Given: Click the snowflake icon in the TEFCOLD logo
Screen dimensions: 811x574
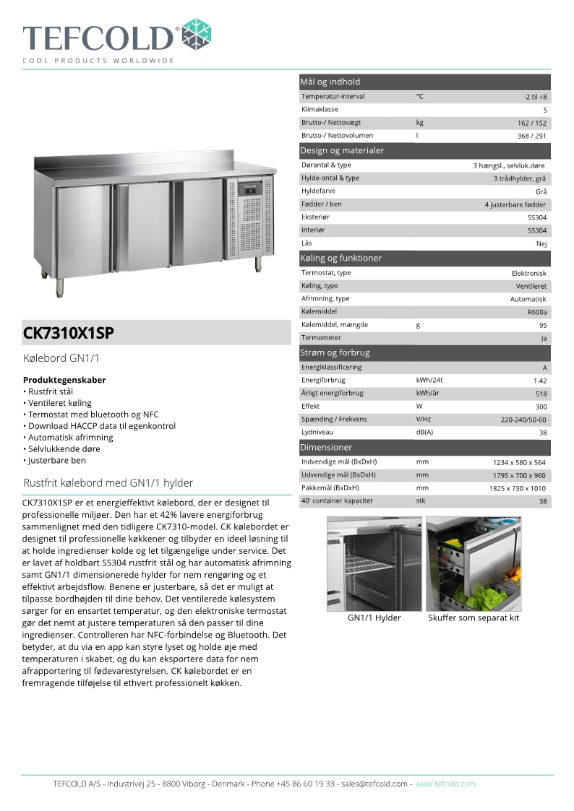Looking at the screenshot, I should click(197, 35).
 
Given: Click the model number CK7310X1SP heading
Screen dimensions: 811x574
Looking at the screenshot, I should click(69, 334).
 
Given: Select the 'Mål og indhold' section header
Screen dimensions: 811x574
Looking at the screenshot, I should click(330, 82).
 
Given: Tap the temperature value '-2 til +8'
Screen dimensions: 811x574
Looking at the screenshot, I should click(535, 97).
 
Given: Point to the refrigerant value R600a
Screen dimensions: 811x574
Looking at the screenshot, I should click(537, 312).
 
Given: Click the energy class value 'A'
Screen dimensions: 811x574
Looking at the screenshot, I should click(544, 368).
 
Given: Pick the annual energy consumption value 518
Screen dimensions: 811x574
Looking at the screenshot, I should click(541, 394).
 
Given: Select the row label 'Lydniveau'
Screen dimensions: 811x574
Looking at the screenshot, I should click(317, 432).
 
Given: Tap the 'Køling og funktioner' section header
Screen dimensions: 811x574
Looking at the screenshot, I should click(340, 258).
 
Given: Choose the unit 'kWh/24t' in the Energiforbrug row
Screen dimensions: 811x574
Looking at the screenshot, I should click(429, 380).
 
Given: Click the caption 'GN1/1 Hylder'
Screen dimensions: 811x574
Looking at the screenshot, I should click(374, 617).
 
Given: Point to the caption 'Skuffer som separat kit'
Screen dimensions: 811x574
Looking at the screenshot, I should click(474, 617).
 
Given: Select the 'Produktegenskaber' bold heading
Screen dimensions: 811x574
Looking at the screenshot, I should click(64, 380).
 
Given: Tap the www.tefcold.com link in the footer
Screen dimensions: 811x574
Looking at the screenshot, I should click(445, 784).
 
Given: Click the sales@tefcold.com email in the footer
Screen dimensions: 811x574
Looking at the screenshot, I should click(375, 784).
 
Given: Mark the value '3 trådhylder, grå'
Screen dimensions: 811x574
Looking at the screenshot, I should click(520, 178).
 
